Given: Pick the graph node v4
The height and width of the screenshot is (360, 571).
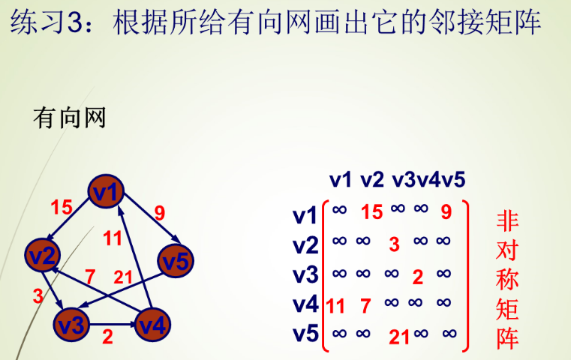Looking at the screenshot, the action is coord(152,325).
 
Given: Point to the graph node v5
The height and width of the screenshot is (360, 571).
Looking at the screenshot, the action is coord(176,262).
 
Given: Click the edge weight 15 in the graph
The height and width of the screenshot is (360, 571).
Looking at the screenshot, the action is coord(62,207).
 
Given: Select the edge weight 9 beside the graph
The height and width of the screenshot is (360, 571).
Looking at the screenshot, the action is coord(159,212).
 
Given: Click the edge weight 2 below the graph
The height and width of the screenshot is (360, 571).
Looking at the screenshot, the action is coord(107,337).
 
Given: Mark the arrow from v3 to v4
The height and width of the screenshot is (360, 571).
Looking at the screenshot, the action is coord(112,325).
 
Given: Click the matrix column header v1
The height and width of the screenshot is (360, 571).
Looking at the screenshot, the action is coord(340,180).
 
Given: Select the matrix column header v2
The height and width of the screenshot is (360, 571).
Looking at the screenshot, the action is coord(371,180).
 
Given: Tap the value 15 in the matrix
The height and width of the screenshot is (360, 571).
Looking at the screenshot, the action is coord(371,212).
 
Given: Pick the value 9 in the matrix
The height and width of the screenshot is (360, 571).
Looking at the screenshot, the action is coord(446,212).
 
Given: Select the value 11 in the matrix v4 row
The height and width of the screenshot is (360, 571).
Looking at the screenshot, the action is coord(335,306).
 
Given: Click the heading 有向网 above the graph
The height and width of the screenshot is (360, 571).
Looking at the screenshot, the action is coord(70,118).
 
